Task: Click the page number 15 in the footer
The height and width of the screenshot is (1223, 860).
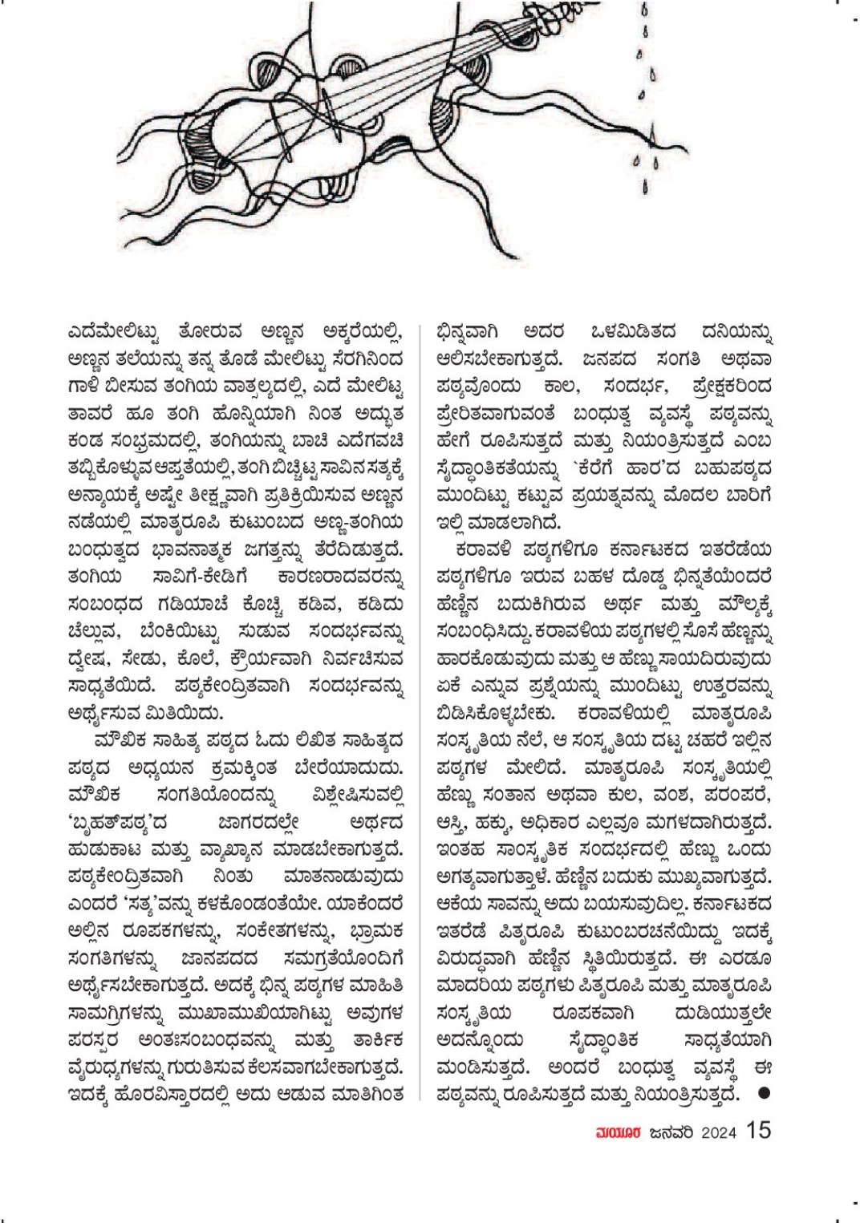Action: (x=758, y=1130)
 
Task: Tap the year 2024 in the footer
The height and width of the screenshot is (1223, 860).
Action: (x=720, y=1132)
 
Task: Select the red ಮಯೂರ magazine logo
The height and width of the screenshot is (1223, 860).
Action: (x=616, y=1132)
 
